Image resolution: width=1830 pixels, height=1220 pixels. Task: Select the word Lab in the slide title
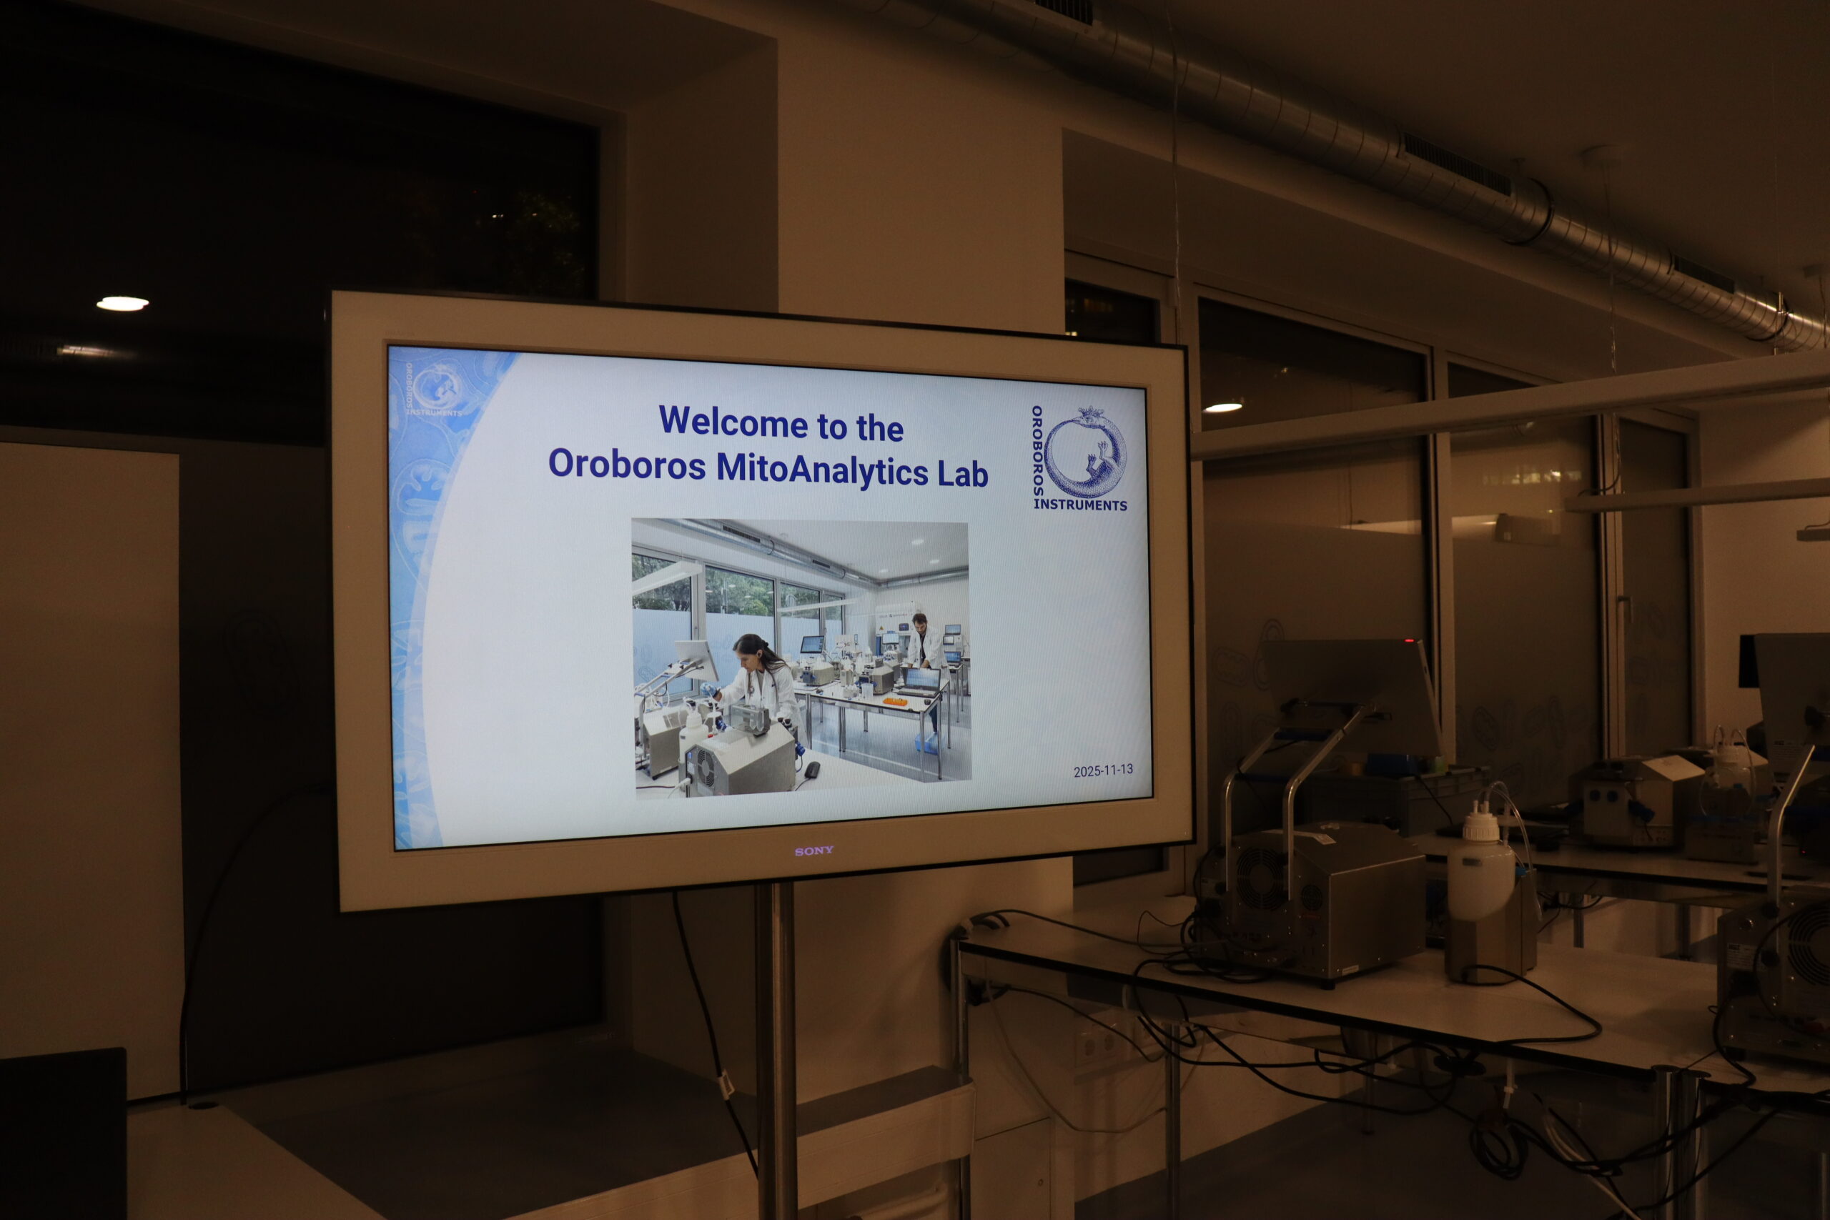[962, 474]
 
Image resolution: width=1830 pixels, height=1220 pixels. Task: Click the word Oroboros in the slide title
[627, 464]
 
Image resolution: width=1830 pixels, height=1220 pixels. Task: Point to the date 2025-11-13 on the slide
[1102, 770]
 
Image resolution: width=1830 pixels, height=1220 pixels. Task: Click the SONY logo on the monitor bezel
[814, 851]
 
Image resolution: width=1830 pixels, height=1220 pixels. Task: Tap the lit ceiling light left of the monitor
[122, 304]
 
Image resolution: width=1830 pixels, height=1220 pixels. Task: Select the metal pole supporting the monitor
[776, 1051]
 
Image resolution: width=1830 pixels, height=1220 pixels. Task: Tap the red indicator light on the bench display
[1408, 641]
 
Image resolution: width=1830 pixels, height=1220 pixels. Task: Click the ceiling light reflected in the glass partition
[1223, 407]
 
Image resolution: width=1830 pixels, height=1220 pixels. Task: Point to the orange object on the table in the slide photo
[896, 701]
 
